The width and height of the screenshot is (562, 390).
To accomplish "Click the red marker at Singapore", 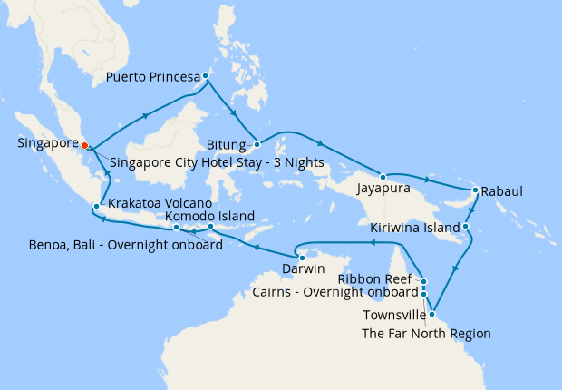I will click(83, 144).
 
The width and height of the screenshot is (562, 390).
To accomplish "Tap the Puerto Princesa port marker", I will click(207, 76).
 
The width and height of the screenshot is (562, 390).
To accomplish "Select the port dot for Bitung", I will click(257, 144).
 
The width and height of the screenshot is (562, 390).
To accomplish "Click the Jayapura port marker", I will click(383, 176).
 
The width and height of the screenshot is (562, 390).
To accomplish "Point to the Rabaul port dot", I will click(475, 190).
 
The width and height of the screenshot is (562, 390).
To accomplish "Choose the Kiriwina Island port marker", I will click(465, 226).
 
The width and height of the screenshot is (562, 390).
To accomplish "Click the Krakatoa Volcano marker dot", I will click(95, 207).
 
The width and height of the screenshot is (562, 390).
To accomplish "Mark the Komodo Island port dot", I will click(210, 227).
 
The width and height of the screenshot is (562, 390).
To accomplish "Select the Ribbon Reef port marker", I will click(424, 281).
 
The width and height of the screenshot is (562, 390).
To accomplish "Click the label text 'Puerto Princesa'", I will click(152, 77).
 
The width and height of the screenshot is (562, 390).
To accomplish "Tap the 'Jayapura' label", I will click(384, 189).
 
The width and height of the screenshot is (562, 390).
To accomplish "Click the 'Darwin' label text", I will click(303, 269).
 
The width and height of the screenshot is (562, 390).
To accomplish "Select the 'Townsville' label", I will click(394, 315).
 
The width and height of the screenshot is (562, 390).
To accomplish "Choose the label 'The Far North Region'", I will click(426, 333).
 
